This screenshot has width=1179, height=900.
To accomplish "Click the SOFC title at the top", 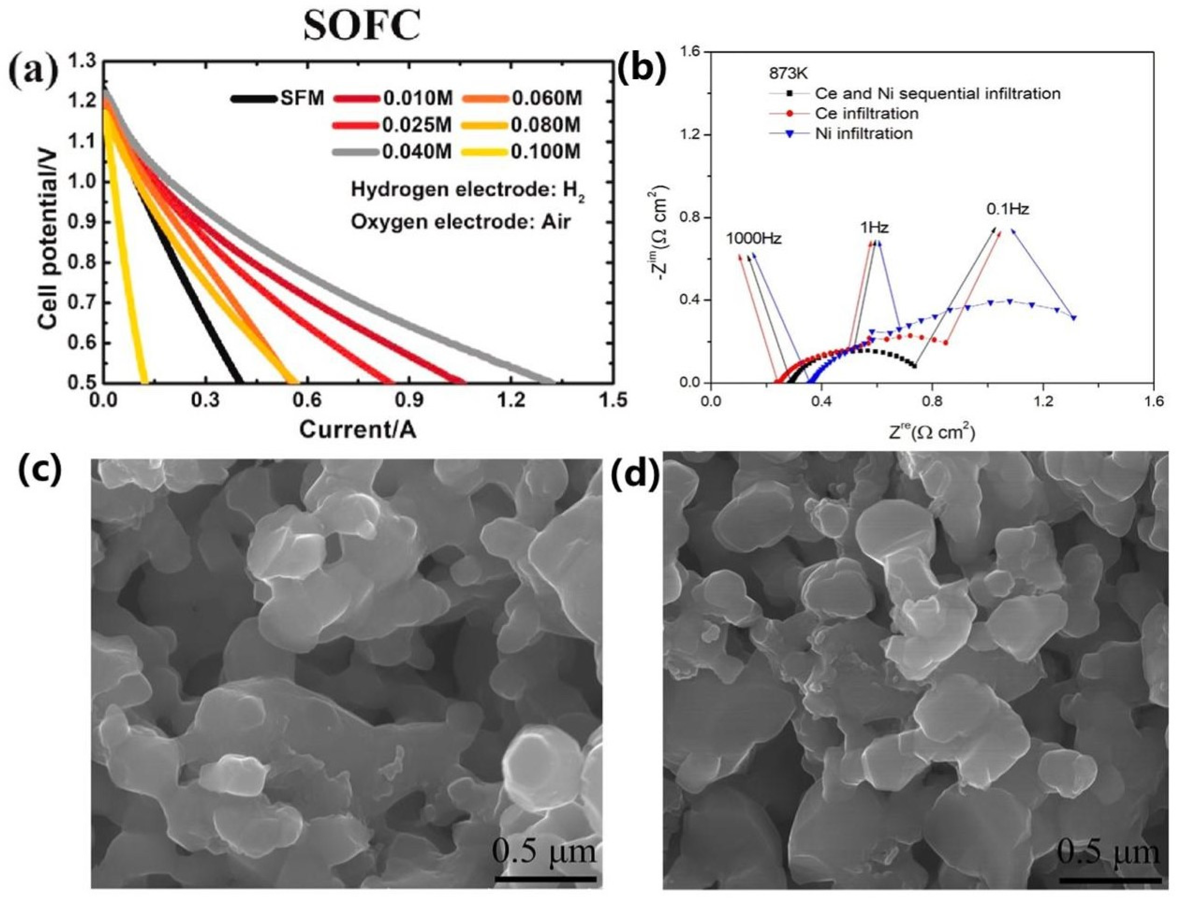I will point(362,26).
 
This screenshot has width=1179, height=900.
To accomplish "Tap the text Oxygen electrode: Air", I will point(461,221).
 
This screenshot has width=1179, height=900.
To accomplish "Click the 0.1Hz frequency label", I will point(1007,209).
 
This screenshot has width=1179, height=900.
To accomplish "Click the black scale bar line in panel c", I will point(545,878).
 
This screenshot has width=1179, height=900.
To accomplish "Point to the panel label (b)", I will point(642,70).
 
